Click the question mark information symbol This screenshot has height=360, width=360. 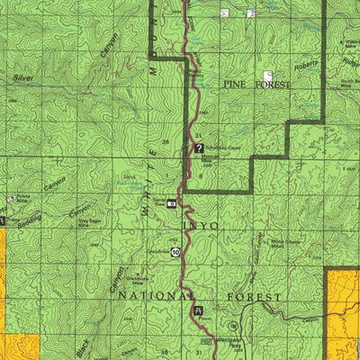click(199, 148)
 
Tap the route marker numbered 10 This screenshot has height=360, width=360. click(175, 254)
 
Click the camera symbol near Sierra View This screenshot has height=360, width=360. click(171, 204)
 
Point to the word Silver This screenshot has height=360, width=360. click(23, 79)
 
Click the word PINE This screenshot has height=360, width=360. click(232, 83)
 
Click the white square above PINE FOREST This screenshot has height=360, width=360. click(267, 76)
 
